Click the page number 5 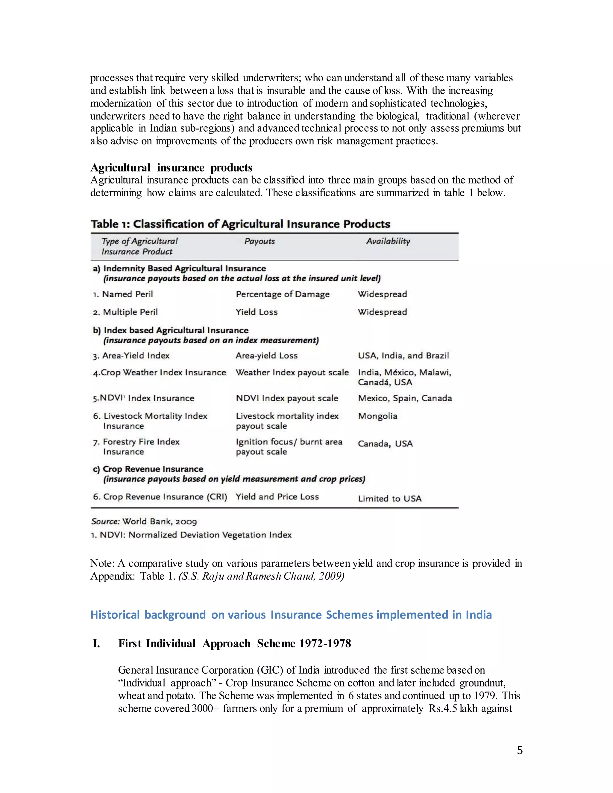520,750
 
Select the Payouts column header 259,241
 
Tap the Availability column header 388,241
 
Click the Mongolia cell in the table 378,416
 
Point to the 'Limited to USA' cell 390,499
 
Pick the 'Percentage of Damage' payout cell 283,294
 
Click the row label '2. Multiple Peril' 125,312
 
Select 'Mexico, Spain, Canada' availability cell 405,398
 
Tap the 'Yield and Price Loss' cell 277,497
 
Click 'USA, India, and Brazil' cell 403,356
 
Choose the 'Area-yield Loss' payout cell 267,356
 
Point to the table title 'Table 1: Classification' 240,224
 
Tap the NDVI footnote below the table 191,535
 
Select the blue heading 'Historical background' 291,615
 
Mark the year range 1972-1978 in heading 325,643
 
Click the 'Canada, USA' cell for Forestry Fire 385,444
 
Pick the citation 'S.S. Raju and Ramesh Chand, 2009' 261,576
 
